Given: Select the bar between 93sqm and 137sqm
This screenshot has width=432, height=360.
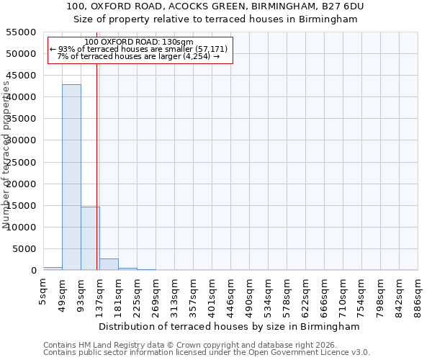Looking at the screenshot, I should [x=90, y=238].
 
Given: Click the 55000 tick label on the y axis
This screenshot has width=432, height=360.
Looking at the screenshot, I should [x=21, y=32].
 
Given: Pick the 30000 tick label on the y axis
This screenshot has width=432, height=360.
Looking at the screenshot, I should [x=21, y=140].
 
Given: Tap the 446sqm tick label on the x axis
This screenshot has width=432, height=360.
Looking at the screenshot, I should [x=231, y=294].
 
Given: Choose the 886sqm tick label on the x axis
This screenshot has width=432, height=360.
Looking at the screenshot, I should [x=418, y=294].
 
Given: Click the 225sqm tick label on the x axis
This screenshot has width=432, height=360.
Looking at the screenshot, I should [x=138, y=294].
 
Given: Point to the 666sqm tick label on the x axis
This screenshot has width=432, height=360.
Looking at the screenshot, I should [x=325, y=294].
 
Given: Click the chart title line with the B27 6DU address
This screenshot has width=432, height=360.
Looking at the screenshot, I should [x=216, y=6].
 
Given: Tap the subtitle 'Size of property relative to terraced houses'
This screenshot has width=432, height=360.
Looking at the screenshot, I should [x=216, y=19].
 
